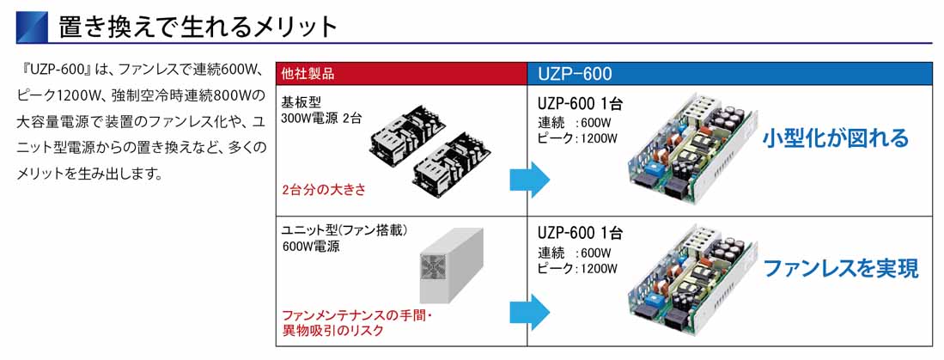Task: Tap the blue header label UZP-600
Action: [x=575, y=73]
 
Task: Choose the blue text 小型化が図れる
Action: [x=835, y=137]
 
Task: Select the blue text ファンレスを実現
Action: [x=841, y=268]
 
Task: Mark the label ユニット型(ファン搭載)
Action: [x=343, y=230]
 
